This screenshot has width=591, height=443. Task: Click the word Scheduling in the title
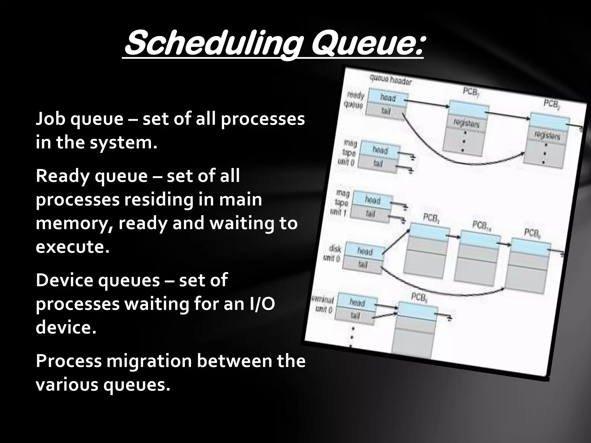coord(211,45)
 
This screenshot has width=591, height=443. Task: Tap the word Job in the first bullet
coord(51,119)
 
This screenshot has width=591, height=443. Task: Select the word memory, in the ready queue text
coord(74,224)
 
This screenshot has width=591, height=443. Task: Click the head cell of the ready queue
coord(388,98)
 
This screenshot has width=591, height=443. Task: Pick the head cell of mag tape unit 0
coord(380,150)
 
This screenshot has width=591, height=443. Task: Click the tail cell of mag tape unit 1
coord(371,214)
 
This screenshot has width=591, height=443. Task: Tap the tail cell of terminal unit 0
coord(355,316)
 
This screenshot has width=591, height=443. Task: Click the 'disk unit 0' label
coord(333,253)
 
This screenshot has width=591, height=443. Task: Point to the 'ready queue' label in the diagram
coord(354,100)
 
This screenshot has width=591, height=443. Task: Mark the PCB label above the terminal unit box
coord(419,297)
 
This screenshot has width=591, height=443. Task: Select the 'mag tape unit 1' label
coord(341,203)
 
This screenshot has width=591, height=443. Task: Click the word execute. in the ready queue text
coord(72,247)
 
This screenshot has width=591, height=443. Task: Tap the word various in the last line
coord(67,385)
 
